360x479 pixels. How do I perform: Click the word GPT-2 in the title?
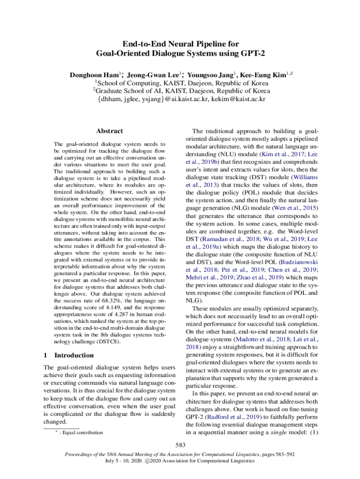pos(253,53)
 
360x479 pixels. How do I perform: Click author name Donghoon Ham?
pos(94,75)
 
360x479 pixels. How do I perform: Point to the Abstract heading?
pos(109,131)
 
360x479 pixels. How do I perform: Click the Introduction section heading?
pos(74,355)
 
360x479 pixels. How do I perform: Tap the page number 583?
pos(180,444)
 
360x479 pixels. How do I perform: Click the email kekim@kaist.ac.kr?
pos(238,99)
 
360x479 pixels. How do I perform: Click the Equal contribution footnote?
pos(81,433)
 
